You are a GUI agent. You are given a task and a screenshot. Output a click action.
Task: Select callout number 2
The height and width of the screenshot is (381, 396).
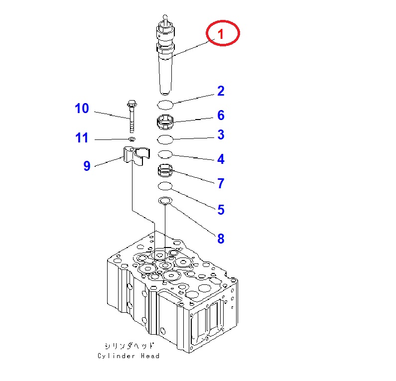tap(220, 91)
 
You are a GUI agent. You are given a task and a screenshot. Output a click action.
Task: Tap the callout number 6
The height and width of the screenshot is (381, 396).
tap(220, 116)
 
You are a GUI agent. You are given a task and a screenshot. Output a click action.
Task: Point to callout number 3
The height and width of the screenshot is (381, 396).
tap(220, 135)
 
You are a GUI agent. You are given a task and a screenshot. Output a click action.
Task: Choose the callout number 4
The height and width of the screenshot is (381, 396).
tap(220, 159)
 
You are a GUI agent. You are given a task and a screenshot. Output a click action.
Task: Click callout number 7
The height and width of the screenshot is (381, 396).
tap(220, 183)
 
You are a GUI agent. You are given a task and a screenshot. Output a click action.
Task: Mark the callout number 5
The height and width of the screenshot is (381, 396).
tap(220, 210)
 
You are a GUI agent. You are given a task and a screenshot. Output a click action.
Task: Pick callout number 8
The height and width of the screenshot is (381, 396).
tap(220, 239)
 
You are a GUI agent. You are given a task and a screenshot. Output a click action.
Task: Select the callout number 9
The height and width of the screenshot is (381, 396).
tap(87, 166)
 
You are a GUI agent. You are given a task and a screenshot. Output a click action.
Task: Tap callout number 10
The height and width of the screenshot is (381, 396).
tap(82, 108)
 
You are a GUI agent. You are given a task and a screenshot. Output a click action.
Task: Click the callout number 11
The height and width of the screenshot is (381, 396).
tap(82, 138)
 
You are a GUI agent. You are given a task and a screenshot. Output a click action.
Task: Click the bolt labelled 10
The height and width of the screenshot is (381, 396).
tap(132, 117)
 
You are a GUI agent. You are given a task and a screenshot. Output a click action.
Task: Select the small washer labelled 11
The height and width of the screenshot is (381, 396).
tap(132, 138)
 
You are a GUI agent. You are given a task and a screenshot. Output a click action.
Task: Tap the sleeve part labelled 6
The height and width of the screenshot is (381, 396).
tap(165, 121)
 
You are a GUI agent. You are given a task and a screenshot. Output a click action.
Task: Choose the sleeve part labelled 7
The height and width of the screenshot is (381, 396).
tap(165, 171)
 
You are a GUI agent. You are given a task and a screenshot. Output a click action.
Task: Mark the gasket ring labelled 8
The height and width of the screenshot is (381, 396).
tap(165, 201)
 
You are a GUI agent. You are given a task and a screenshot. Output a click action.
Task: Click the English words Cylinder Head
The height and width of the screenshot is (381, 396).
tap(129, 356)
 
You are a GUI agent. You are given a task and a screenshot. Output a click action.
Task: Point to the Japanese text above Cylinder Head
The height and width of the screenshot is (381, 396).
tap(129, 346)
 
